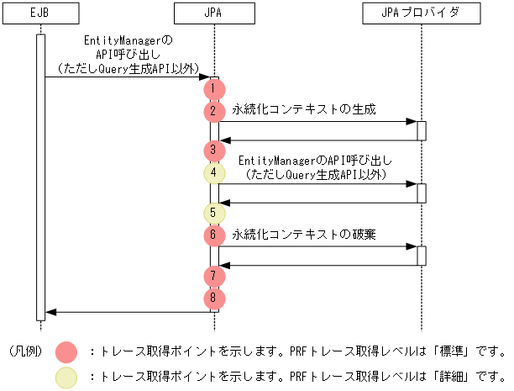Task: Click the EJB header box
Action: [x=39, y=14]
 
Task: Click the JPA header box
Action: [x=214, y=14]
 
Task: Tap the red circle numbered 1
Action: [x=214, y=87]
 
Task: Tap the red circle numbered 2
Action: [x=214, y=109]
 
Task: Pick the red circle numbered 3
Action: [x=214, y=151]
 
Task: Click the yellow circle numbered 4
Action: [x=214, y=172]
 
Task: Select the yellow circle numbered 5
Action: [x=214, y=213]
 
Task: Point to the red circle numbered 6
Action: [x=214, y=235]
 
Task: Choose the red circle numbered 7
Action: [x=214, y=275]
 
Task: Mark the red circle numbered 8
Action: [x=214, y=297]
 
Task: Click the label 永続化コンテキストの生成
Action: [x=304, y=109]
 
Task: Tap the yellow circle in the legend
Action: [x=66, y=378]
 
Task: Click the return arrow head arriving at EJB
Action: [x=50, y=312]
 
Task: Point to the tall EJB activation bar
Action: [x=39, y=177]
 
